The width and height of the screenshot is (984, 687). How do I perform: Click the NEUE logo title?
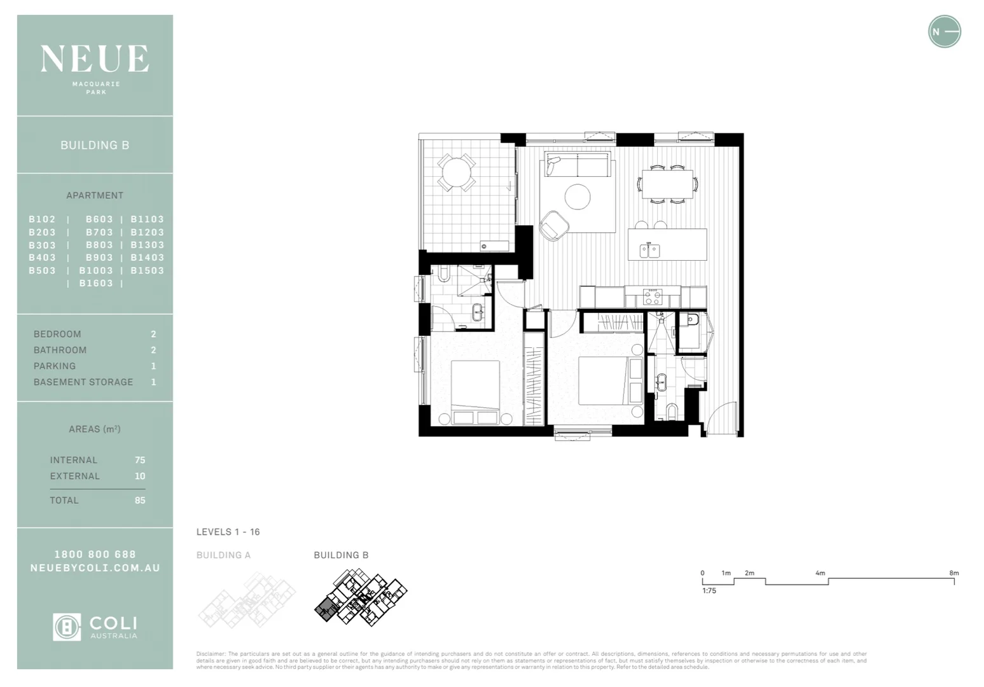coord(95,59)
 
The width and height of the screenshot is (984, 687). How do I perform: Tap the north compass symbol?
coord(944,32)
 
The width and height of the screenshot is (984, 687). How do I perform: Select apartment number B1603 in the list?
coord(95,283)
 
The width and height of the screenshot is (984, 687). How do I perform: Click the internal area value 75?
coord(140,460)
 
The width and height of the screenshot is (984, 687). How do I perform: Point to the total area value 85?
coord(140,501)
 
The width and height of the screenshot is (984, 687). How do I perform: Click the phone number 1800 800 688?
coord(95,555)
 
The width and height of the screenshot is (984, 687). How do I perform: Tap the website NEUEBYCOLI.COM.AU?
coord(95,568)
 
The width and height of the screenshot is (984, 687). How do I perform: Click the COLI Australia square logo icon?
coord(67,627)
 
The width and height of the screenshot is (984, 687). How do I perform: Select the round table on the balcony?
coord(456,172)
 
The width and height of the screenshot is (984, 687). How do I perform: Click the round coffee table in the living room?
coord(578,197)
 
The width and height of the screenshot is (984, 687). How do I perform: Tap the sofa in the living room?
coord(578,165)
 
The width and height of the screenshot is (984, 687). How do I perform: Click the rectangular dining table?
coord(667,184)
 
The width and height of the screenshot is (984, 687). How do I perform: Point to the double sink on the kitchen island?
coord(649,251)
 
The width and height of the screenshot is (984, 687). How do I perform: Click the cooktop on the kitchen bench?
coord(653,296)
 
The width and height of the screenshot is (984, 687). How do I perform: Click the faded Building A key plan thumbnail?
coord(247,598)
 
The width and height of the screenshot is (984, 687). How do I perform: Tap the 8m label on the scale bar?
coord(953,573)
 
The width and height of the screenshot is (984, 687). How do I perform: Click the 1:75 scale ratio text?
coord(709,591)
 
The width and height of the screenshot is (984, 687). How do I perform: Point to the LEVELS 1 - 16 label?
coord(228,532)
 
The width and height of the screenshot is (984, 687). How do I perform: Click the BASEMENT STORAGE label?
coord(83,382)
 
